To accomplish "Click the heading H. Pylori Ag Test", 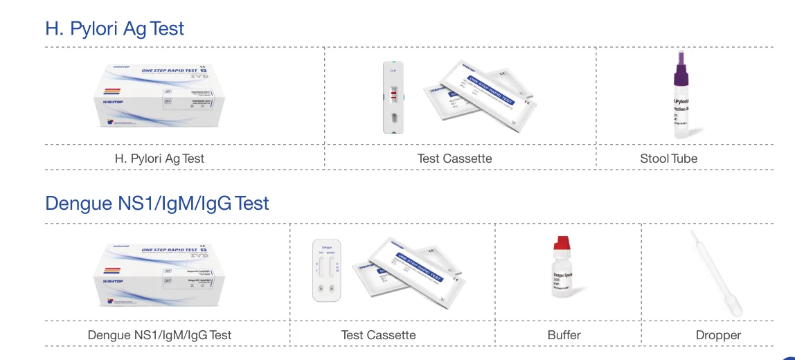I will pyautogui.click(x=115, y=28).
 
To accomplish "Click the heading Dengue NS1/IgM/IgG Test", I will pyautogui.click(x=157, y=204).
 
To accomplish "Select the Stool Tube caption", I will pyautogui.click(x=668, y=159).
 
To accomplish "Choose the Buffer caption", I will pyautogui.click(x=564, y=335).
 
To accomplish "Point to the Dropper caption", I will pyautogui.click(x=718, y=335).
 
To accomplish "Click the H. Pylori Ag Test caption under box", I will pyautogui.click(x=159, y=159).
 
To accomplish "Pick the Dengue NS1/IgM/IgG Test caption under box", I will pyautogui.click(x=159, y=335).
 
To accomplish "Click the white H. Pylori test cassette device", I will pyautogui.click(x=393, y=97).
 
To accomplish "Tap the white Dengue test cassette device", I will pyautogui.click(x=328, y=269).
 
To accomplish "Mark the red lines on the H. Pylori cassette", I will pyautogui.click(x=393, y=94).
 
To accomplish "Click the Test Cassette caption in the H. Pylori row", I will pyautogui.click(x=454, y=159).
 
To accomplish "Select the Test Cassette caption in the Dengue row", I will pyautogui.click(x=378, y=335).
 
